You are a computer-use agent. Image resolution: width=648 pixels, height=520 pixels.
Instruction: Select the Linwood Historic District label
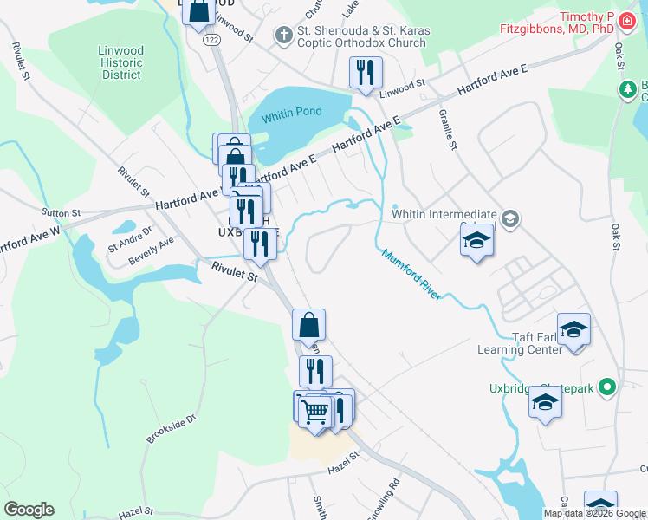click(x=121, y=62)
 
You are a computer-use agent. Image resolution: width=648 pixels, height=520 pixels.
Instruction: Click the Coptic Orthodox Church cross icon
click(x=283, y=36)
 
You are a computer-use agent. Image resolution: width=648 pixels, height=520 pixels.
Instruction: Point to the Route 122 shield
click(x=211, y=40)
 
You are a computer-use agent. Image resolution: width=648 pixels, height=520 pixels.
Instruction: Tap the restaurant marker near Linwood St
click(x=365, y=72)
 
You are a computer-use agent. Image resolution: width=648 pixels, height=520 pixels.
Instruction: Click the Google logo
click(x=29, y=510)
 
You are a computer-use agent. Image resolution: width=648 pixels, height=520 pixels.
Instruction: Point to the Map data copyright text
click(x=595, y=514)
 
